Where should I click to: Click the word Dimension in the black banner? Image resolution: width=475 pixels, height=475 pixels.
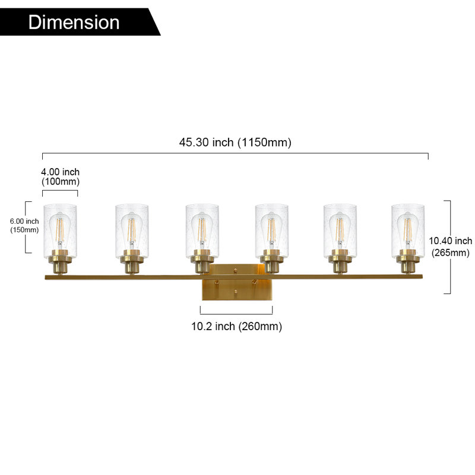click(x=74, y=22)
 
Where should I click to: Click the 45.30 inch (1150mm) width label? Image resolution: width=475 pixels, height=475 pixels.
click(x=235, y=142)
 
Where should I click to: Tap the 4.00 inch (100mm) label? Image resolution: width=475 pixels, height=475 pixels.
click(x=61, y=176)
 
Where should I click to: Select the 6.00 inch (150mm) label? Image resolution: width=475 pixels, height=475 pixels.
click(x=24, y=226)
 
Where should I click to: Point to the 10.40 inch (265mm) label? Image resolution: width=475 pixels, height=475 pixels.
click(x=451, y=246)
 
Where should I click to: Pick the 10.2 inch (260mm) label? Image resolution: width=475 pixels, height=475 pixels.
click(x=236, y=327)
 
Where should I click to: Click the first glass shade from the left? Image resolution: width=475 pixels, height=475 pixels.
click(x=60, y=231)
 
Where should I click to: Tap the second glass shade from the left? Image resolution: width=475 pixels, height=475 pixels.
click(x=132, y=231)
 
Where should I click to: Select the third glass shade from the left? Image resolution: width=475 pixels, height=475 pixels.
click(x=202, y=231)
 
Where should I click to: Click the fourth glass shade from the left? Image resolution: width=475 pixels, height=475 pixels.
click(x=272, y=231)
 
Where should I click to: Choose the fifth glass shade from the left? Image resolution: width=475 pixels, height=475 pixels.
click(x=340, y=231)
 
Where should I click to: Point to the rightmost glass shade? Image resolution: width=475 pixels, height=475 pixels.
click(x=408, y=231)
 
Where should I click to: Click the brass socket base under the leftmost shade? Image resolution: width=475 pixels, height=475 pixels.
click(x=60, y=262)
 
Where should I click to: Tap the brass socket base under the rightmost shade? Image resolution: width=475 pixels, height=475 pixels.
click(x=408, y=262)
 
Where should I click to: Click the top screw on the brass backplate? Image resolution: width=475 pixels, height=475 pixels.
click(x=235, y=270)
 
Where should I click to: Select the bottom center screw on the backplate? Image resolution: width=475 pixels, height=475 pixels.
click(x=235, y=292)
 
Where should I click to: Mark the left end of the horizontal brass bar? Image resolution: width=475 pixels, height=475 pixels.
click(x=45, y=277)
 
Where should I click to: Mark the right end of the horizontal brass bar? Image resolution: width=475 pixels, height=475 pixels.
click(x=422, y=277)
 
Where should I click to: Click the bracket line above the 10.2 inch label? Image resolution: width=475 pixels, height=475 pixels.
click(x=236, y=314)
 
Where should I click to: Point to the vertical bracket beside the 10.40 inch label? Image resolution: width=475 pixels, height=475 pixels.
click(x=450, y=247)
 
